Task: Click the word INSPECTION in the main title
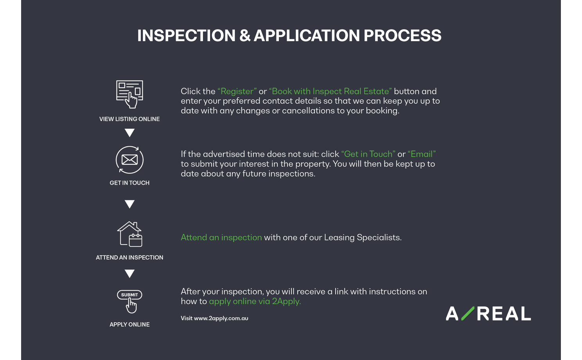[x=186, y=36]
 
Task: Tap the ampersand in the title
[x=245, y=36]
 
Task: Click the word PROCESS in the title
[x=402, y=36]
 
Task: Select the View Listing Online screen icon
[x=129, y=94]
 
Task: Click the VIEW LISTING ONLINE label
[x=129, y=119]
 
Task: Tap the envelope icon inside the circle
[x=129, y=160]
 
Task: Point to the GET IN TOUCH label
[x=129, y=183]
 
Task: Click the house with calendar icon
[x=129, y=234]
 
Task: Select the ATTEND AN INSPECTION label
[x=129, y=257]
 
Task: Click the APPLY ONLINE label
[x=129, y=324]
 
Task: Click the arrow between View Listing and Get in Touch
[x=129, y=133]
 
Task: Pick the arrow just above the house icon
[x=129, y=204]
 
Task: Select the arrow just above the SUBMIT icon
[x=129, y=274]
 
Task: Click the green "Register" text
[x=237, y=91]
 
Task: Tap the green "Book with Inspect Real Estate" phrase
[x=330, y=91]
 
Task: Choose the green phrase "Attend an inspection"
[x=221, y=237]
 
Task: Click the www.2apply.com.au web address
[x=221, y=319]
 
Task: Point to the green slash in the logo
[x=468, y=313]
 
